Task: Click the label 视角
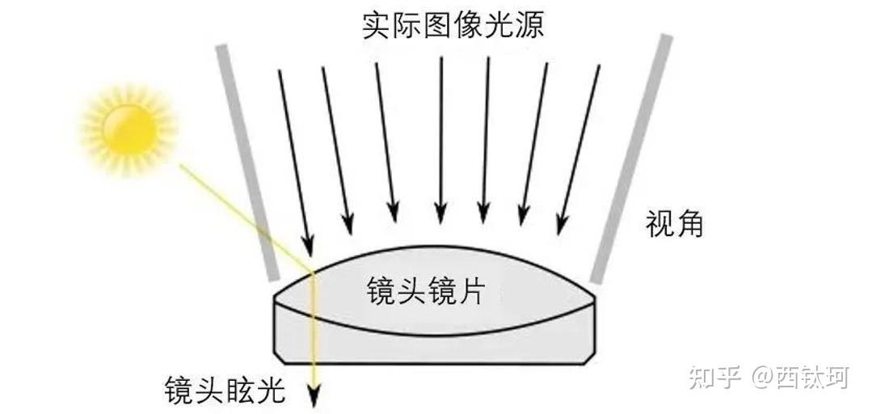674,223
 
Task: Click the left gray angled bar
246,163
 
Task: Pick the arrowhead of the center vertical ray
440,214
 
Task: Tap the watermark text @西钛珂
800,377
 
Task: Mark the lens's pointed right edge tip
596,295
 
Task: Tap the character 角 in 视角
689,223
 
